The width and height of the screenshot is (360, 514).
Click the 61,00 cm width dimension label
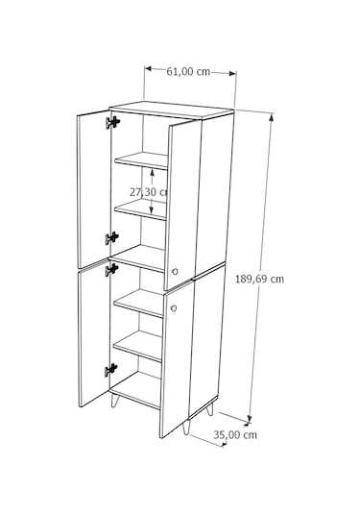[x=188, y=71]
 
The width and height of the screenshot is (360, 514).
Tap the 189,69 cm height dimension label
[x=259, y=279]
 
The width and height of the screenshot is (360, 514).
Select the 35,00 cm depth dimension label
[x=235, y=434]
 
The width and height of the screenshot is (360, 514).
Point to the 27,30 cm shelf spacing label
[x=149, y=192]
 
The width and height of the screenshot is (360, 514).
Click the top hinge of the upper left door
[x=112, y=122]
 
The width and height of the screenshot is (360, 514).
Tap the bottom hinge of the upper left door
[x=111, y=238]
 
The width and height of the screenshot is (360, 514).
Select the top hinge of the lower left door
[x=111, y=269]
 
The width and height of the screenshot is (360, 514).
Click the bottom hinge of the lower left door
[x=111, y=370]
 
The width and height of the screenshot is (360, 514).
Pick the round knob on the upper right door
[x=176, y=271]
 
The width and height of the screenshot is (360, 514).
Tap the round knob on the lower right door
[x=174, y=308]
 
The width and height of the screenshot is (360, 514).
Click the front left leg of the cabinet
[x=115, y=400]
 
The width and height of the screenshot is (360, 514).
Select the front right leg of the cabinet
[x=186, y=428]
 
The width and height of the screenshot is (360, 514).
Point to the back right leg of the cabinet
[x=209, y=409]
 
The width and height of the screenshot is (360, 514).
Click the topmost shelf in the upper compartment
[x=141, y=160]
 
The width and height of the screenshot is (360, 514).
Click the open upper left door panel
[x=94, y=189]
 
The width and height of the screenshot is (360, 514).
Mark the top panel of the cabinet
[x=171, y=110]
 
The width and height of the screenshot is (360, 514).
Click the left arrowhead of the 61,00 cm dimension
[x=148, y=68]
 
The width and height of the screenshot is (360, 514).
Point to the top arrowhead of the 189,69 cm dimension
[x=272, y=116]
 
